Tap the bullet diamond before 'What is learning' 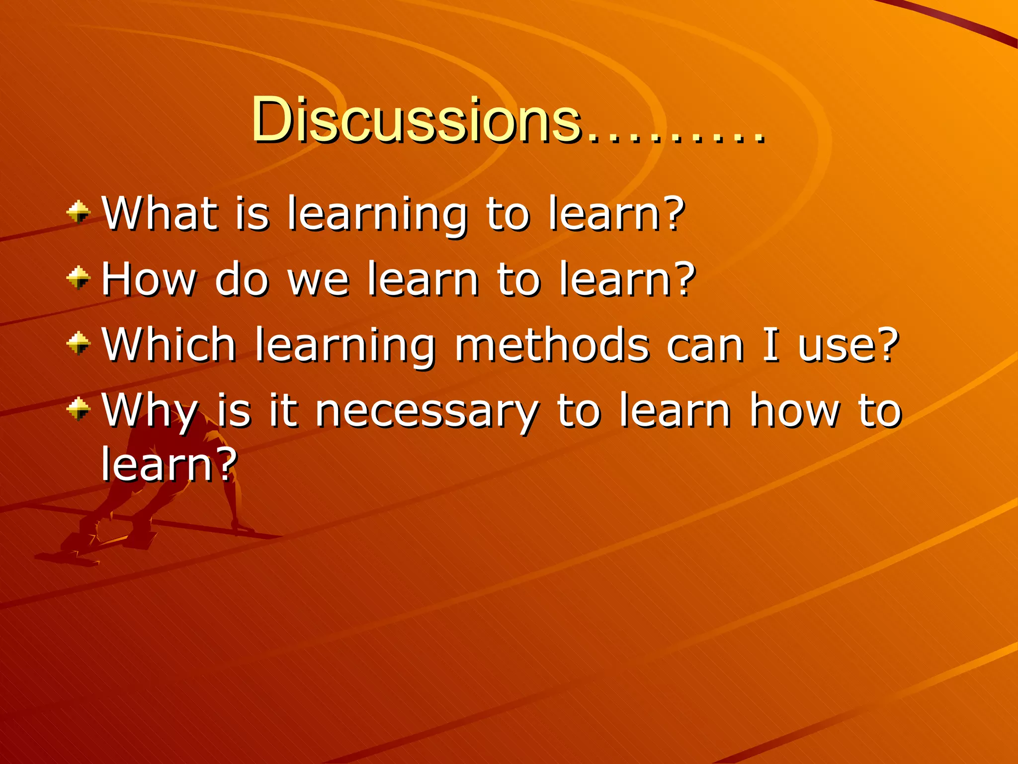78,212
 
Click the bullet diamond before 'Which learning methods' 78,343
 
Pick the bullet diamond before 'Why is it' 78,409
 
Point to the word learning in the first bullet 377,215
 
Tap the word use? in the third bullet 848,345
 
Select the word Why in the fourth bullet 150,411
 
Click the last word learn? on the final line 169,464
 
